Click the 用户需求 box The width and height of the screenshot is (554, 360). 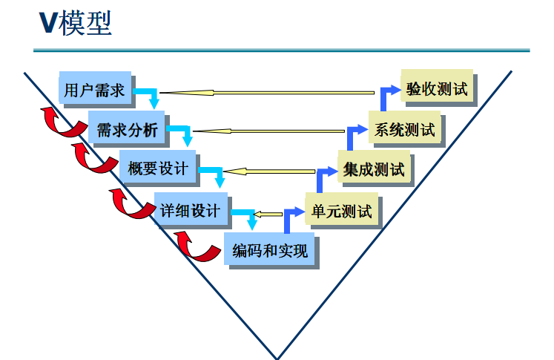94,89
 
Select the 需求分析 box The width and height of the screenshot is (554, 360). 127,129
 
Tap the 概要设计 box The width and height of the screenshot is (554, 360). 157,168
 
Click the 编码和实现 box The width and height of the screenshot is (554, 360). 268,250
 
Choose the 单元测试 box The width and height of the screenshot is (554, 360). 341,211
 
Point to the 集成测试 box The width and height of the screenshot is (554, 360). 374,169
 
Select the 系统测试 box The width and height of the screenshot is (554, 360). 404,129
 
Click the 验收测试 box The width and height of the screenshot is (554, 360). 438,89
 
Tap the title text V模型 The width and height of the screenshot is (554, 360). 75,24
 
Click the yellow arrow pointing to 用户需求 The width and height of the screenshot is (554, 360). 267,93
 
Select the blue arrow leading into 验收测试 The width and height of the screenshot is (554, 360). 386,94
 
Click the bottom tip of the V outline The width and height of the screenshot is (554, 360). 277,357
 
